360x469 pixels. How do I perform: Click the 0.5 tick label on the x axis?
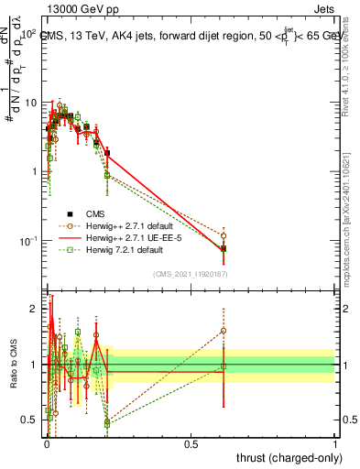pyautogui.click(x=191, y=443)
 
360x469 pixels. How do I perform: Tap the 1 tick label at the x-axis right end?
pyautogui.click(x=335, y=443)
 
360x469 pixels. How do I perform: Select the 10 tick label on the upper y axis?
pyautogui.click(x=29, y=103)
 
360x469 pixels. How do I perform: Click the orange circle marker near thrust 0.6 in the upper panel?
pyautogui.click(x=224, y=235)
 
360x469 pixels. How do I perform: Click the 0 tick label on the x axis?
pyautogui.click(x=47, y=443)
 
